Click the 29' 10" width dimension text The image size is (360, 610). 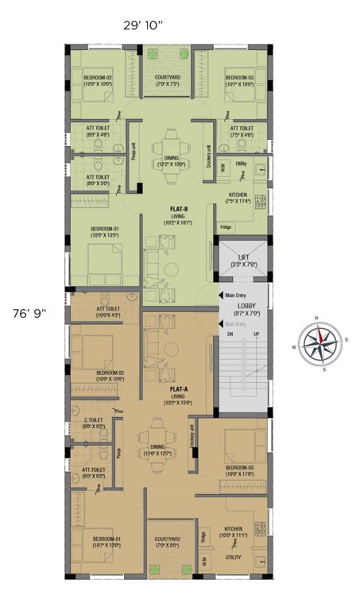point(142,25)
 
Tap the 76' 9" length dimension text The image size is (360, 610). point(29,312)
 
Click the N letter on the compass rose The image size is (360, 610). point(315,318)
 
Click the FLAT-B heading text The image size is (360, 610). point(179,209)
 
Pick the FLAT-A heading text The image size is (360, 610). point(178,389)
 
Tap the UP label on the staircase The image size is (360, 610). point(255,334)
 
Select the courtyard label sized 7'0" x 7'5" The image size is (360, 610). point(167,78)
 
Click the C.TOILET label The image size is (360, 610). point(95,420)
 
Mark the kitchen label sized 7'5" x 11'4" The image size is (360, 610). point(238,195)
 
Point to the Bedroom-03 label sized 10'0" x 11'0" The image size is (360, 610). point(238,468)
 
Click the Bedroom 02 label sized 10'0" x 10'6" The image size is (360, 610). point(110,373)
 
